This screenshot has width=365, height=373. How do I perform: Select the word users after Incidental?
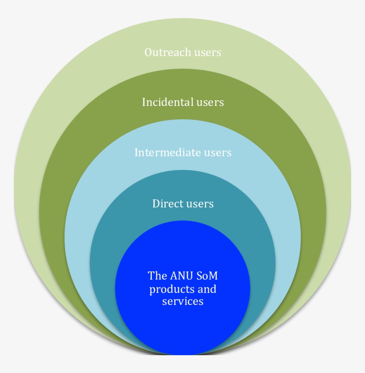(x=210, y=103)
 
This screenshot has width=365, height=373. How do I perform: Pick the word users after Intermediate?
(x=218, y=153)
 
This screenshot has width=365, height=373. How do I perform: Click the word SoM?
(x=207, y=276)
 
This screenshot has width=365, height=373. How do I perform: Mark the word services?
(x=182, y=302)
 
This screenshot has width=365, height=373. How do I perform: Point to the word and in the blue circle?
(x=207, y=289)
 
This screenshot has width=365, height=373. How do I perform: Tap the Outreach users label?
(x=182, y=53)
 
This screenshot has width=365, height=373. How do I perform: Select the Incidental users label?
(x=182, y=102)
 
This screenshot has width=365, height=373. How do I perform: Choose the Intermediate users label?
(x=182, y=153)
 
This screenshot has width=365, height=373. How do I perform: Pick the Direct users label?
(x=182, y=204)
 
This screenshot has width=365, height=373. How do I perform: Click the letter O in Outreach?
(x=148, y=53)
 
